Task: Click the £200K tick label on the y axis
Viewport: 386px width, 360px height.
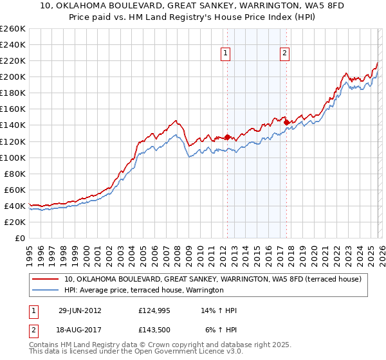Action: click(12, 76)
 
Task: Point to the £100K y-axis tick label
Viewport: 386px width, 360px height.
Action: click(12, 157)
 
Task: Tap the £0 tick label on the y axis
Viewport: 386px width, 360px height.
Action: click(19, 238)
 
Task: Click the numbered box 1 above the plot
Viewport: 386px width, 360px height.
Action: click(226, 54)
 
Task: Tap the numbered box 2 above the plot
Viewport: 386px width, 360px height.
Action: click(284, 54)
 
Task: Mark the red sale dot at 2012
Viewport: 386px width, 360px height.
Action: click(227, 137)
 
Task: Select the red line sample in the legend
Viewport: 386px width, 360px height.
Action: click(46, 279)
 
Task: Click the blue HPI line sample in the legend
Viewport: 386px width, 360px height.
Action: click(46, 291)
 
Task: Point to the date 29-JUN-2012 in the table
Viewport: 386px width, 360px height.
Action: click(79, 310)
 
